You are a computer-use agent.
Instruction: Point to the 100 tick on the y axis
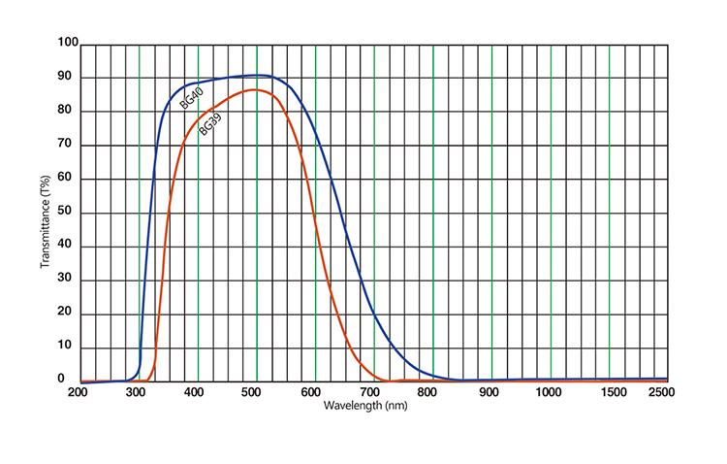tap(68, 43)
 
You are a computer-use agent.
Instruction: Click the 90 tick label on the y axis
tap(68, 78)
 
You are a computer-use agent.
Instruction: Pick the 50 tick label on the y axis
tap(68, 213)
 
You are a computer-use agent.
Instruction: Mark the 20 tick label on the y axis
tap(68, 314)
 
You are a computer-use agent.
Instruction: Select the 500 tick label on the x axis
tap(254, 392)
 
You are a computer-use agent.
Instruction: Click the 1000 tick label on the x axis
tap(550, 392)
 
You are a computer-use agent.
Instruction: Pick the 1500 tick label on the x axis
tap(609, 392)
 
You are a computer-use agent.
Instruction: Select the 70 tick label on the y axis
tap(68, 145)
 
